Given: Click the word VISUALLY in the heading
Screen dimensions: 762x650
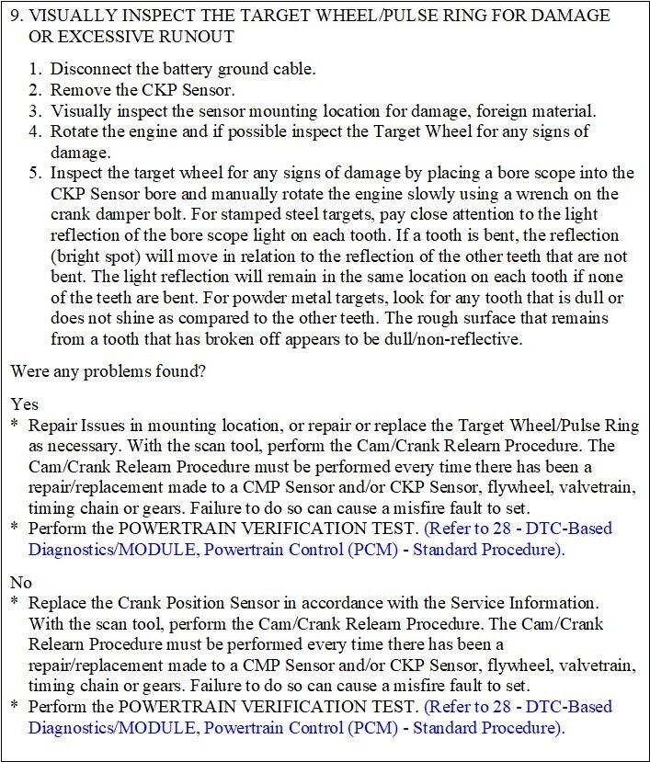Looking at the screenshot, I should point(81,16).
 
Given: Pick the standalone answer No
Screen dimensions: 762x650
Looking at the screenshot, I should point(22,582).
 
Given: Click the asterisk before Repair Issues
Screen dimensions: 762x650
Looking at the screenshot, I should point(15,426).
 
